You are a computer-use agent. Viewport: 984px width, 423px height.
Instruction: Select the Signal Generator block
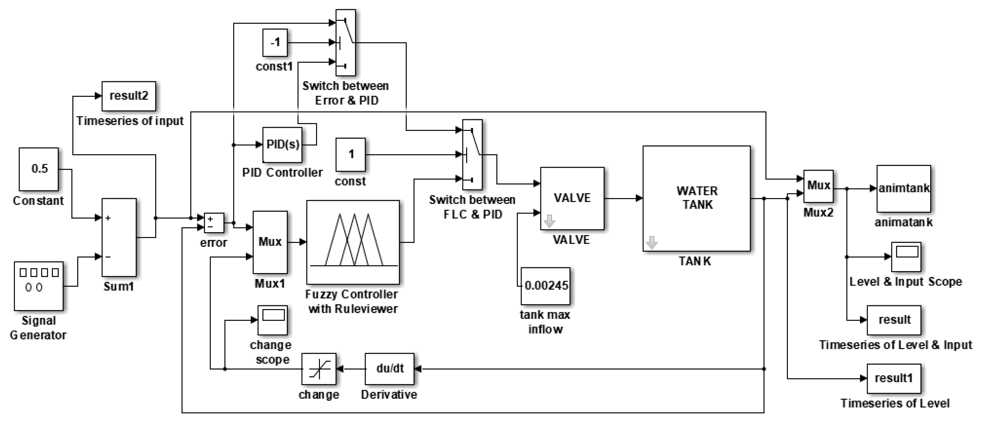point(39,286)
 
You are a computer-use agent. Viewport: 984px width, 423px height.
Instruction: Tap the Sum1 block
point(119,237)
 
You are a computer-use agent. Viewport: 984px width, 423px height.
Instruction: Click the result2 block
point(129,96)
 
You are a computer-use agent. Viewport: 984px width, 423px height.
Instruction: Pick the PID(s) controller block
point(282,145)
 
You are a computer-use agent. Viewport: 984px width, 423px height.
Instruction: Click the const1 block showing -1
point(275,42)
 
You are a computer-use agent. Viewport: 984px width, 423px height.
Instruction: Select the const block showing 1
point(350,155)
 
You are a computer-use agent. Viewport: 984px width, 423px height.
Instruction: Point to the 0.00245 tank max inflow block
point(546,286)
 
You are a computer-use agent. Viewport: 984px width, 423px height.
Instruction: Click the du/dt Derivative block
point(389,369)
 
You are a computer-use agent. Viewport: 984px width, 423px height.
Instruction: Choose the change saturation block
point(319,369)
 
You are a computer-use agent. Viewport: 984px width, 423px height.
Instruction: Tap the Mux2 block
point(818,186)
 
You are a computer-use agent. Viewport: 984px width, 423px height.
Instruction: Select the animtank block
point(903,189)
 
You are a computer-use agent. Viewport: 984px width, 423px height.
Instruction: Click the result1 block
point(893,378)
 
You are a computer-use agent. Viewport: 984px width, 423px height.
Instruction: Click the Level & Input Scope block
point(906,257)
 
